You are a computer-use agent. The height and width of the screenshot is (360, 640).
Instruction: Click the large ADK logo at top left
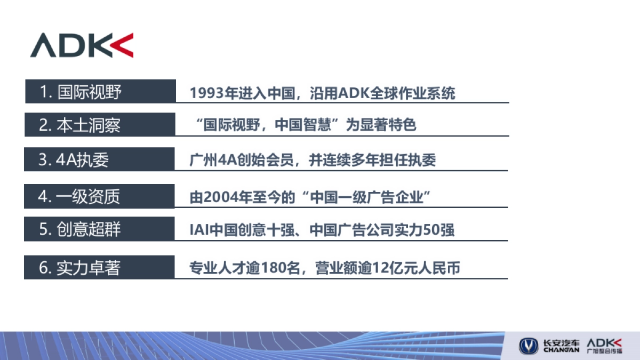tap(82, 45)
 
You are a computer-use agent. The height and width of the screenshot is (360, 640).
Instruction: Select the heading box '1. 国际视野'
tap(100, 92)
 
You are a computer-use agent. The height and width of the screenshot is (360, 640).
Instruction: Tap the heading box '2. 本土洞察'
tap(100, 125)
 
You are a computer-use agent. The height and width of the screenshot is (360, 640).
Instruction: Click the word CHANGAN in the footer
tap(561, 350)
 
